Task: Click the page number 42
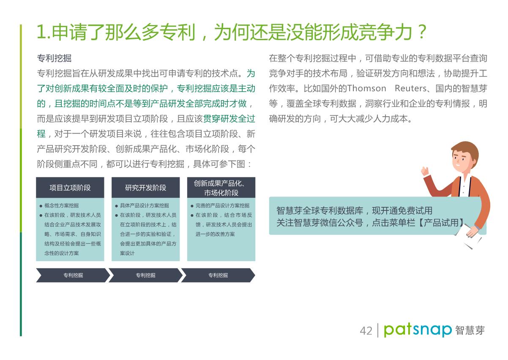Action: click(366, 331)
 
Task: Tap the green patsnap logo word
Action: click(418, 330)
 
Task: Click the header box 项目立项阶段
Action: click(70, 188)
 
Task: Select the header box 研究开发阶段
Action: click(146, 188)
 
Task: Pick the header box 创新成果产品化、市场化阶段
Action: click(221, 188)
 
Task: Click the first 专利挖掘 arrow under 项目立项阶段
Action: click(73, 275)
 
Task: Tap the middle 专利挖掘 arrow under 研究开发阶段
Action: click(146, 275)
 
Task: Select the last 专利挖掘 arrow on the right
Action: click(218, 275)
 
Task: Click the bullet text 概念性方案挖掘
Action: click(61, 205)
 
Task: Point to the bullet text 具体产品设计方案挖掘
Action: click(145, 205)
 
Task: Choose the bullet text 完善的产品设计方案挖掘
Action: click(222, 205)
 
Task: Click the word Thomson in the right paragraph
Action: click(367, 88)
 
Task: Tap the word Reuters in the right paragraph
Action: click(411, 88)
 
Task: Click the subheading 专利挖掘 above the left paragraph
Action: click(54, 58)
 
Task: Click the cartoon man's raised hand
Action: click(425, 171)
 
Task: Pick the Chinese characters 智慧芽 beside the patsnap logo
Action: click(470, 330)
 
